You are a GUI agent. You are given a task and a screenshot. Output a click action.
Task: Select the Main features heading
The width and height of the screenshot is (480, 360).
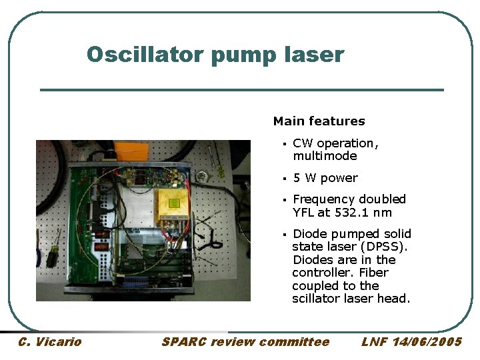point(319,121)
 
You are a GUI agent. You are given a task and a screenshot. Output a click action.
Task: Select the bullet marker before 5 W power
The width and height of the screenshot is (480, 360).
point(283,179)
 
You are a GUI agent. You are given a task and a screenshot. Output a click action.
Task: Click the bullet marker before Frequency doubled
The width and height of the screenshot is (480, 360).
point(283,200)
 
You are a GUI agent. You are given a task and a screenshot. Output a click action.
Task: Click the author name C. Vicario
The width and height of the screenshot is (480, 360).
point(49,342)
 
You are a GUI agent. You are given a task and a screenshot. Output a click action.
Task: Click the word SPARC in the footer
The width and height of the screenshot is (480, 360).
point(184,342)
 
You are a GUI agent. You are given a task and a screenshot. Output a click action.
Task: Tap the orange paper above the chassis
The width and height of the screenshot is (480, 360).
point(125,151)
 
